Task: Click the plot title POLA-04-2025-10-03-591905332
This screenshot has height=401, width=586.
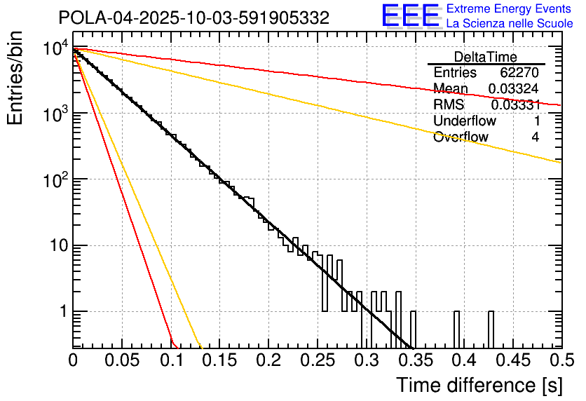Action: tap(193, 18)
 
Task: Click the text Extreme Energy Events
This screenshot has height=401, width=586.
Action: tap(510, 9)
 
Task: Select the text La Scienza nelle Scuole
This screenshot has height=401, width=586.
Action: tap(510, 24)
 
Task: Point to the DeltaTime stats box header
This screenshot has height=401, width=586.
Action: tap(486, 56)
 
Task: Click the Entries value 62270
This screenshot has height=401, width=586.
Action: tap(519, 73)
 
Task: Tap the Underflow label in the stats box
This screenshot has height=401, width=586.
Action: tap(464, 121)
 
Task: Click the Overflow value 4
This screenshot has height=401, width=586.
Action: tap(535, 137)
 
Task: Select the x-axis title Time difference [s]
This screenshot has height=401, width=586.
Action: tap(477, 385)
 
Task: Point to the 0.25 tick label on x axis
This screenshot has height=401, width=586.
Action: tap(317, 360)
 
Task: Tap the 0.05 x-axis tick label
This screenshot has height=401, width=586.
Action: tap(122, 360)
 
